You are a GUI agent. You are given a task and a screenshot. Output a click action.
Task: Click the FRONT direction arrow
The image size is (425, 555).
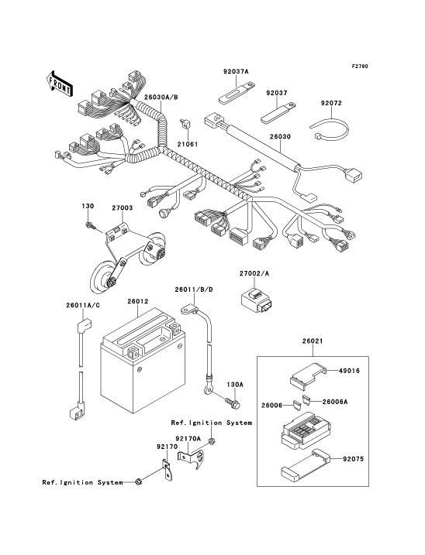pos(60,84)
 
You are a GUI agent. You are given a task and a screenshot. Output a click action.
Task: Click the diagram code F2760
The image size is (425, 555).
pos(360,67)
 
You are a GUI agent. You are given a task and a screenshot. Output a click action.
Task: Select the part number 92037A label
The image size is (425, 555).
pos(236,71)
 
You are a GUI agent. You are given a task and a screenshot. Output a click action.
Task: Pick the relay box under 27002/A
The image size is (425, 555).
pos(257,302)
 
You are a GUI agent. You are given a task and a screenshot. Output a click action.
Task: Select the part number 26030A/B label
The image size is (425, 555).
pos(161,98)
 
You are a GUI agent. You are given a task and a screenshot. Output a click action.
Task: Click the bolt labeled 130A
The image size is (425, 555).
pos(233,403)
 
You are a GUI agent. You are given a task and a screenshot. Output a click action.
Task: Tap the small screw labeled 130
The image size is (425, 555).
pos(90,225)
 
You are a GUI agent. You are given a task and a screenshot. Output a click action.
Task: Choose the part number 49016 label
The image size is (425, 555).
pos(349,371)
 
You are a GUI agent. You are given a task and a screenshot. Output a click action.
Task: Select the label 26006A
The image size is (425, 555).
pos(335,402)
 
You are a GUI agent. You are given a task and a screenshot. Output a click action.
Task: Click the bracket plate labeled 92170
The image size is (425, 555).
pos(167,469)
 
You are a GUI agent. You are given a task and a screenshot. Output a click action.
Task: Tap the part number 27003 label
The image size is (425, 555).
pos(123,207)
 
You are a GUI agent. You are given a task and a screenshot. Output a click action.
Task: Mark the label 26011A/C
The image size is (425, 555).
pos(83,305)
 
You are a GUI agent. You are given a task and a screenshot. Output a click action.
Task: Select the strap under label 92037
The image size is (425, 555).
pos(279,112)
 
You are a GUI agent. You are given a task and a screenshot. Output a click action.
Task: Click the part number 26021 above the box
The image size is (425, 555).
pos(313,341)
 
